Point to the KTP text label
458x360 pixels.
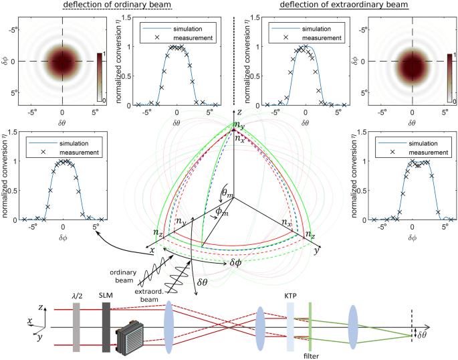coord(290,295)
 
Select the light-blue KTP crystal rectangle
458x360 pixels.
coord(290,326)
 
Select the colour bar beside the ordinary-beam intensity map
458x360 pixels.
coord(100,76)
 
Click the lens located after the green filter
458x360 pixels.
coord(352,327)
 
